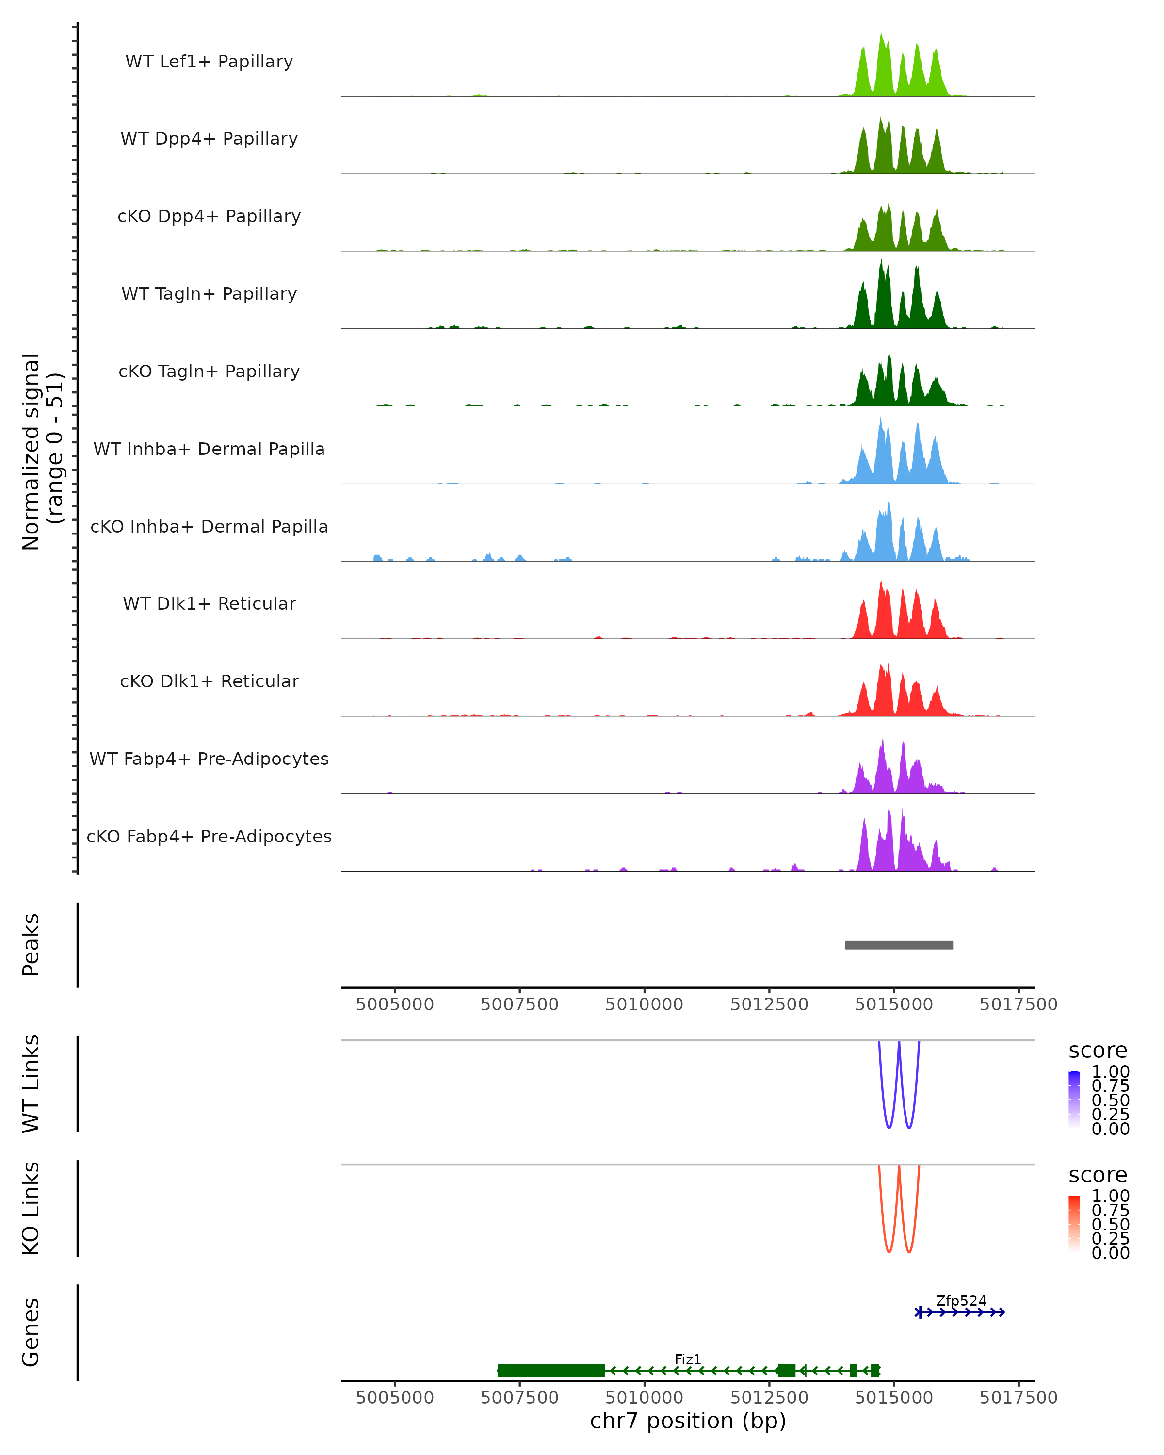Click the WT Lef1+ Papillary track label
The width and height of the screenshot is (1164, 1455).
coord(209,62)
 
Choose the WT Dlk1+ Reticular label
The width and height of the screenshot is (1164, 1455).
coord(209,603)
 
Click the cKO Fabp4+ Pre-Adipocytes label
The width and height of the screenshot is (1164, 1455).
coord(209,836)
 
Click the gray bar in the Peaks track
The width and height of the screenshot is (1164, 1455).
coord(898,945)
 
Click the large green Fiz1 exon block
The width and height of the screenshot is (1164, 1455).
coord(550,1370)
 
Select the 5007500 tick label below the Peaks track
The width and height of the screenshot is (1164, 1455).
coord(519,1004)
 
